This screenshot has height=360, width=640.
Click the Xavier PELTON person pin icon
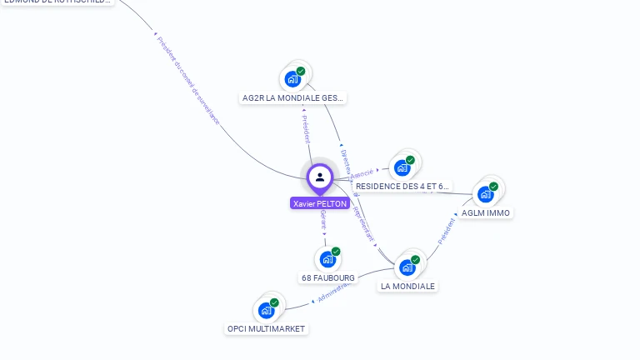click(x=320, y=177)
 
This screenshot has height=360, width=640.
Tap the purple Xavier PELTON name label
click(x=320, y=203)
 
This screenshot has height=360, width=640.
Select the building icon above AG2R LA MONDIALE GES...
click(x=292, y=79)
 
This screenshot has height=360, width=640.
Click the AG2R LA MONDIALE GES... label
click(x=292, y=98)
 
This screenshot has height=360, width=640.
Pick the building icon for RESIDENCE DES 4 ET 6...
click(x=403, y=167)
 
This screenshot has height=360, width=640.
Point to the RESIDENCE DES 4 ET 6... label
click(x=402, y=187)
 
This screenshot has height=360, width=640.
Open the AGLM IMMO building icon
click(x=486, y=194)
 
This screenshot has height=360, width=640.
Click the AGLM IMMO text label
click(x=487, y=213)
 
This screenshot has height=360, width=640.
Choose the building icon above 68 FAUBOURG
click(x=328, y=259)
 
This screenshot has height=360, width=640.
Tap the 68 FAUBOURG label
click(x=327, y=277)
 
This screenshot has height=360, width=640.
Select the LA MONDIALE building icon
click(x=407, y=267)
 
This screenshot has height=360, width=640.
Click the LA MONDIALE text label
click(x=407, y=286)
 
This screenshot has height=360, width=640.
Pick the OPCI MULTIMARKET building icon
click(x=267, y=310)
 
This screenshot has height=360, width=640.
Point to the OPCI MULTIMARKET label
click(x=267, y=329)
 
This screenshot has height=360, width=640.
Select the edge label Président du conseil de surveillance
click(x=187, y=80)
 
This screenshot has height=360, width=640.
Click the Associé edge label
click(x=362, y=174)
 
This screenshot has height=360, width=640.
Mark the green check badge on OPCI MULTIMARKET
click(x=274, y=302)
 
